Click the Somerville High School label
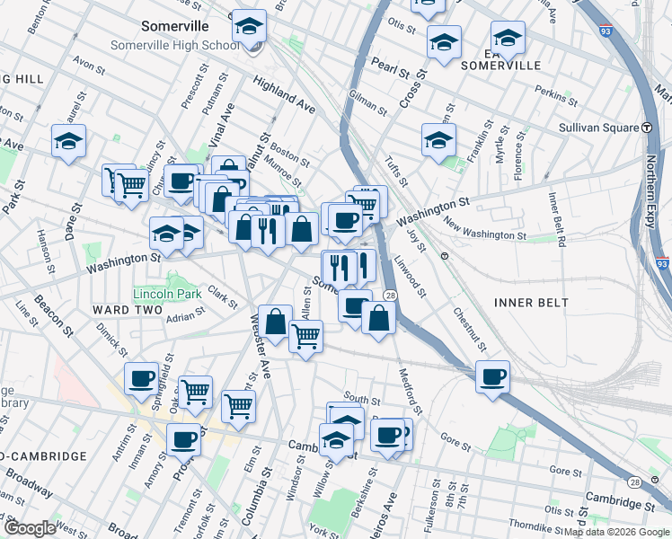174,45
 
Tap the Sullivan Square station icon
646,128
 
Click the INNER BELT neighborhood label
531,303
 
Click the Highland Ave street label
284,95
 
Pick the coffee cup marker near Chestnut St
491,376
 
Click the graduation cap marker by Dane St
67,141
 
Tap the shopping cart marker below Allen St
305,337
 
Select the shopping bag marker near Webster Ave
275,322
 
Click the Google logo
29,527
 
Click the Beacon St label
59,310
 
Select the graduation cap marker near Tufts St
438,139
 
